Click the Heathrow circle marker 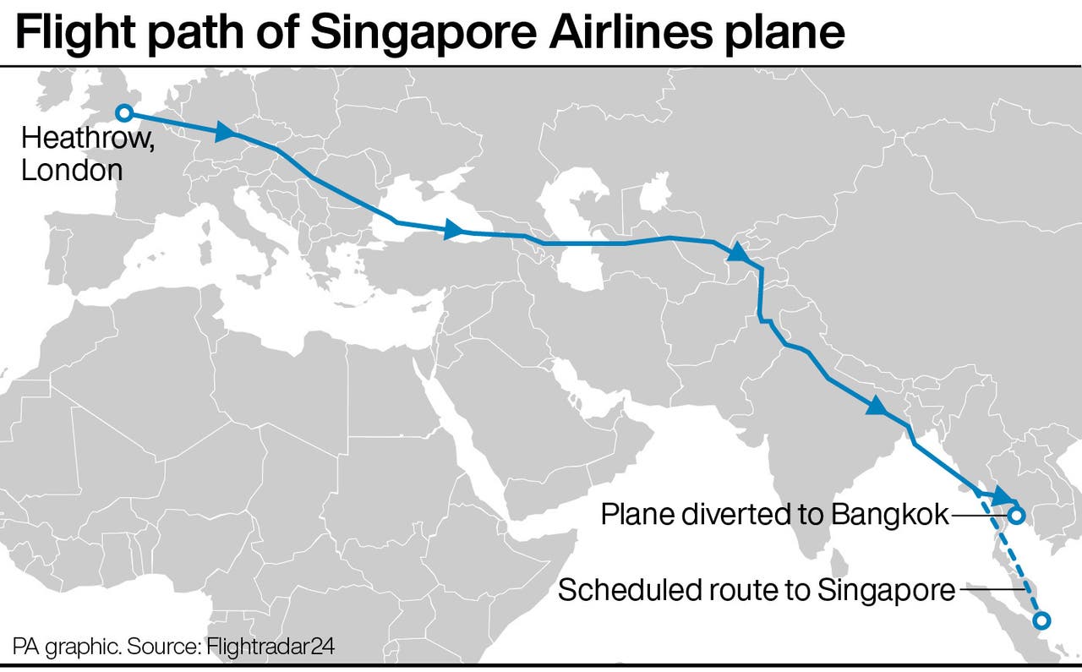coord(123,112)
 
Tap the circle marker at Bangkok coord(1016,514)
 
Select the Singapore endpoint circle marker coord(1041,620)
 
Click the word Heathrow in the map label coord(87,139)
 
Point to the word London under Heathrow coord(72,170)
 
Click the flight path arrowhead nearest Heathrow coord(226,132)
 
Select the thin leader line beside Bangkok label coord(981,514)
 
